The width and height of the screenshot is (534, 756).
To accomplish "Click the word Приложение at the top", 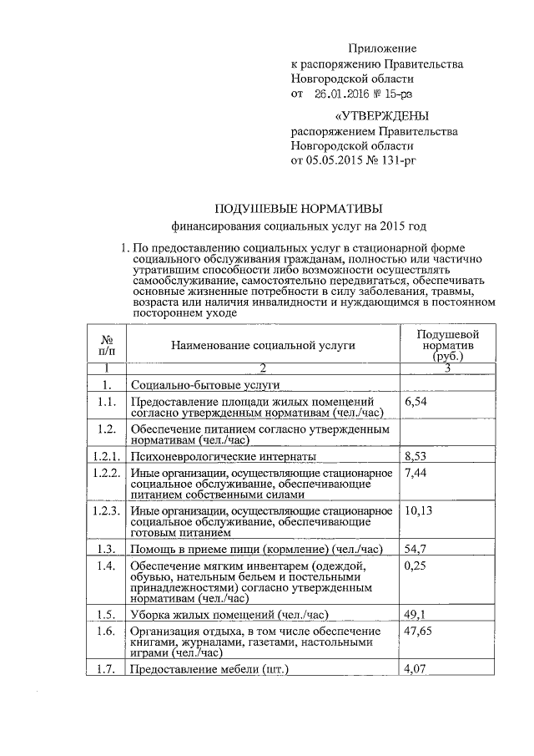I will [382, 49].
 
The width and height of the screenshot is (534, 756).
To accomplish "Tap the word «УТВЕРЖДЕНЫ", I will [381, 116].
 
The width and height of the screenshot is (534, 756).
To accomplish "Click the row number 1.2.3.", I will [106, 511].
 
